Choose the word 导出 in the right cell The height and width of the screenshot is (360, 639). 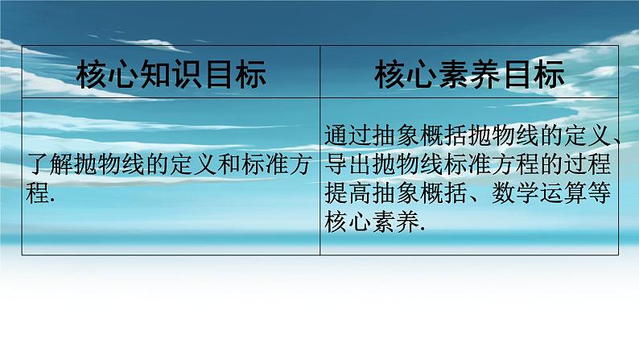point(349,164)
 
